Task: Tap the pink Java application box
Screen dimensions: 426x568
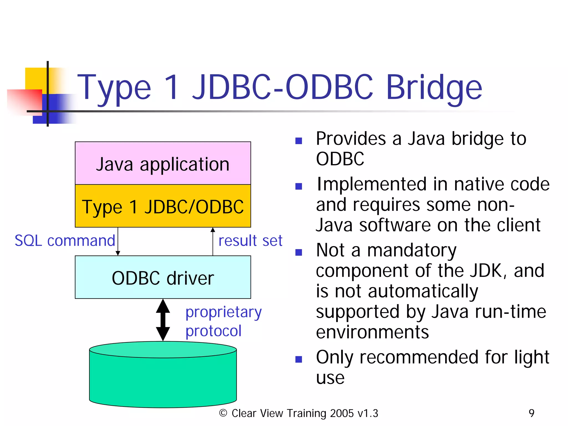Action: coord(163,164)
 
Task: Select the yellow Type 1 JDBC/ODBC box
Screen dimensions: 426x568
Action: coord(163,206)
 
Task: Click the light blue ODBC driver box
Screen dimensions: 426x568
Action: coord(163,277)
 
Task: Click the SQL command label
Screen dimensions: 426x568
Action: coord(65,240)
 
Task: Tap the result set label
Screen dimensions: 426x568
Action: coord(250,240)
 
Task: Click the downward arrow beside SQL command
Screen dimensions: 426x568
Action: coord(118,241)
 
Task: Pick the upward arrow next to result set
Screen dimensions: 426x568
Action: coord(213,241)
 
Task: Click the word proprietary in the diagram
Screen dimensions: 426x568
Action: coord(224,312)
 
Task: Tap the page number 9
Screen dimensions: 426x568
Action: coord(531,413)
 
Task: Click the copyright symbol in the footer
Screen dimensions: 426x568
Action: coord(223,413)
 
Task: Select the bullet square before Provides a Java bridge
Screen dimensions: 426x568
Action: coord(298,141)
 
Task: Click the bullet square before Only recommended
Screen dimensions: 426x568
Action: coord(298,359)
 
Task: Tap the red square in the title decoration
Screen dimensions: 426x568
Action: coord(25,101)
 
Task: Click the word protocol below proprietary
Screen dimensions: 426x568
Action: coord(213,331)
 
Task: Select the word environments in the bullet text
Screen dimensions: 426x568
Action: coord(372,332)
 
